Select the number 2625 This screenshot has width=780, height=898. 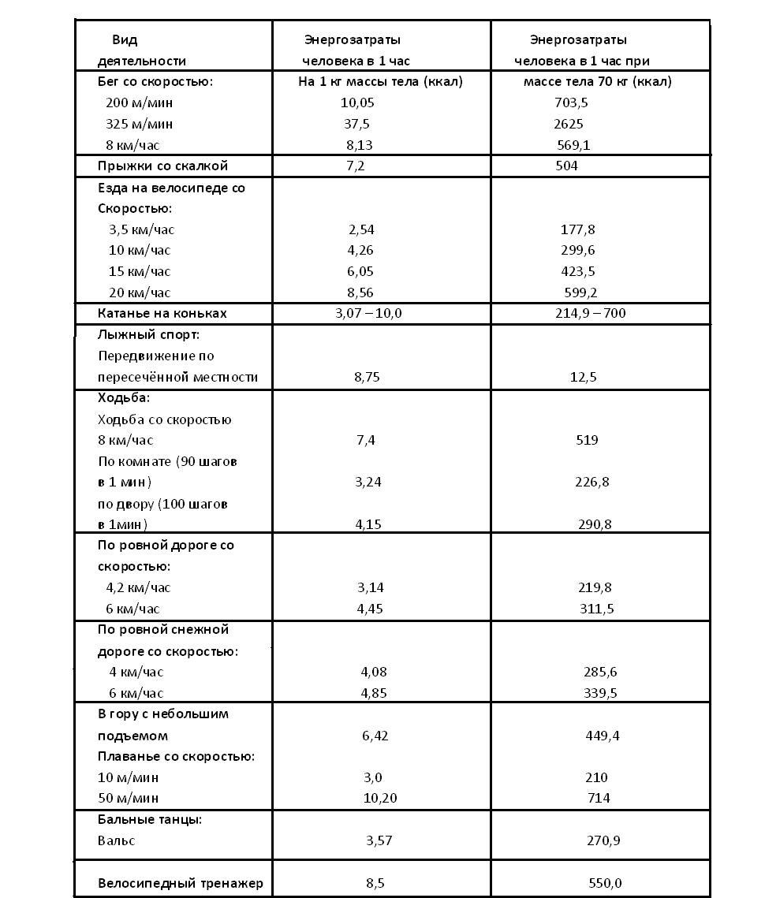tap(568, 124)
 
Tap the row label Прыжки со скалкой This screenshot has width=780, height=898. tap(162, 166)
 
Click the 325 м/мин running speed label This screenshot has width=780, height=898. tap(140, 124)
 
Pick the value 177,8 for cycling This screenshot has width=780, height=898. tap(577, 229)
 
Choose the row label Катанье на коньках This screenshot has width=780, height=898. tap(162, 313)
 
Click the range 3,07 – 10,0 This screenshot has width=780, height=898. tap(368, 313)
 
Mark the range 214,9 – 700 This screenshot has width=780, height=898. tap(591, 313)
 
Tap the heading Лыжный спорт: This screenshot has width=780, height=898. tap(149, 334)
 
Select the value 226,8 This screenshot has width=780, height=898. tap(592, 482)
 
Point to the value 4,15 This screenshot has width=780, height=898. tap(368, 524)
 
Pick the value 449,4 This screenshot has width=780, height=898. tap(603, 736)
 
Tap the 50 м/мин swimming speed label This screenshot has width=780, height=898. tap(129, 798)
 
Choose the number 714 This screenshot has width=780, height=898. tap(599, 798)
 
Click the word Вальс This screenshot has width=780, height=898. tap(117, 840)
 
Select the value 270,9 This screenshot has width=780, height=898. tap(603, 840)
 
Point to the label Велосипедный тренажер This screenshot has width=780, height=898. tap(181, 883)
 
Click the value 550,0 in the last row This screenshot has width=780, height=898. tap(605, 883)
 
